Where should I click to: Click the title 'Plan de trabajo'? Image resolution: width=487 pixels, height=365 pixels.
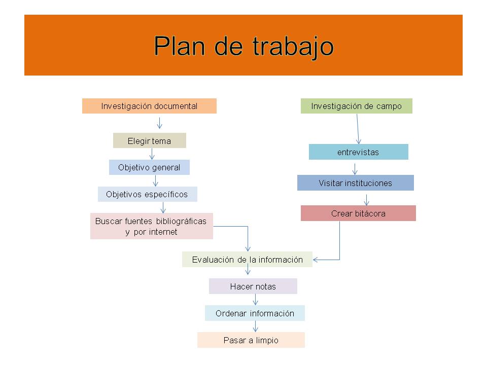click(x=243, y=46)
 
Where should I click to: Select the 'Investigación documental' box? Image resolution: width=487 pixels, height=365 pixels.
click(x=149, y=106)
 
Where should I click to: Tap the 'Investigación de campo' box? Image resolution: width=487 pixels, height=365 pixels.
click(x=356, y=106)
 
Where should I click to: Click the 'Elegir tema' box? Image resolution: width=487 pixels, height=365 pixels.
click(x=149, y=140)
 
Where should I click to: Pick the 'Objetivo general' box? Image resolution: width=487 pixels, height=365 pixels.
click(x=149, y=167)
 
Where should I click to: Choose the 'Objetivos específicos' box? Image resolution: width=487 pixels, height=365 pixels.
click(x=147, y=194)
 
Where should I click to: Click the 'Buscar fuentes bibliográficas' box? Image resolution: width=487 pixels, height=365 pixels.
click(x=152, y=226)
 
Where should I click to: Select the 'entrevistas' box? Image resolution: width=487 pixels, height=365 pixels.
click(x=359, y=152)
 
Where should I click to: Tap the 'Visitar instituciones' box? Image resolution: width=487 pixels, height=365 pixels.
click(x=355, y=182)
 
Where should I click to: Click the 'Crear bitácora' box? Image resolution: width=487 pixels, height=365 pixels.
click(x=358, y=213)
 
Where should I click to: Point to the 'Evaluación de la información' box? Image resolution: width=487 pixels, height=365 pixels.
click(x=247, y=259)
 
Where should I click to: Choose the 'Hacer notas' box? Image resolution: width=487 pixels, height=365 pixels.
click(x=253, y=286)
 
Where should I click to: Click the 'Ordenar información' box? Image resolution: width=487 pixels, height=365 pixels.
click(x=255, y=313)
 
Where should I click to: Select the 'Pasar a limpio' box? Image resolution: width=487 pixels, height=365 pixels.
click(x=251, y=340)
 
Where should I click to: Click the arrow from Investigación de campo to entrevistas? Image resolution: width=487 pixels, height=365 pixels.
click(x=358, y=129)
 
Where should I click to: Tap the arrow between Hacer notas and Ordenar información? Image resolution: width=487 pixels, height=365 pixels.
click(x=255, y=300)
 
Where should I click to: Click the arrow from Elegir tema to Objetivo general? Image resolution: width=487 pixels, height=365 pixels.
click(x=152, y=154)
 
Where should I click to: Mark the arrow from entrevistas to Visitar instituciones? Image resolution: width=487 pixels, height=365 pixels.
click(x=355, y=169)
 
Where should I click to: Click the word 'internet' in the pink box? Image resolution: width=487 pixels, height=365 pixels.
click(x=163, y=232)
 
